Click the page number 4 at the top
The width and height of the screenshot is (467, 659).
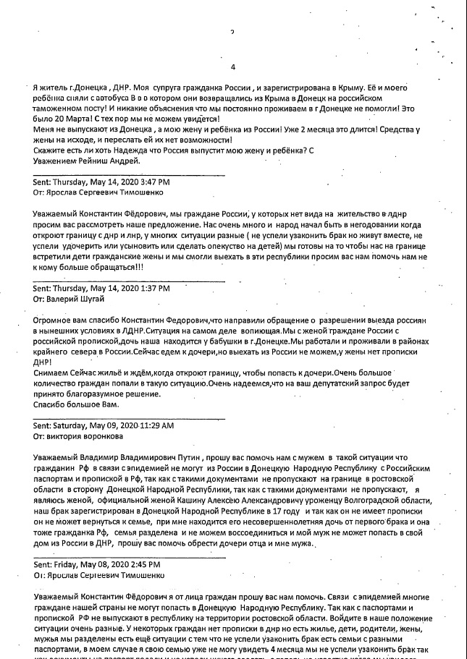(x=232, y=67)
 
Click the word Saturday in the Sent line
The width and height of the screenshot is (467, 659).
(x=72, y=426)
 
